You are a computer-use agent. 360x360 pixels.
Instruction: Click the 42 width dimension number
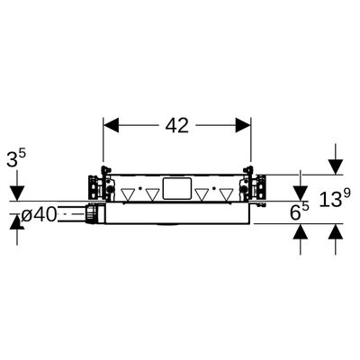pos(177,125)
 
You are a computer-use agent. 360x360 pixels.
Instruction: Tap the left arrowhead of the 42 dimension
pos(111,125)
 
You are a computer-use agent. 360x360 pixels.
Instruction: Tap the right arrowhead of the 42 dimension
pos(243,125)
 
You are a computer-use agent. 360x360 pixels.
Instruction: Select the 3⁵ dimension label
pos(16,158)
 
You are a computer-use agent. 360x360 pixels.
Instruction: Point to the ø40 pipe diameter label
pos(40,215)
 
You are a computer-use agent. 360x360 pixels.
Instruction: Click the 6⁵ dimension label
pos(300,211)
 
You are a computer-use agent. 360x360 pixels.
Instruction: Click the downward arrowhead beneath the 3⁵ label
pos(17,193)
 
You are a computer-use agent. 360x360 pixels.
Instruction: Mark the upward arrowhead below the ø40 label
pos(17,221)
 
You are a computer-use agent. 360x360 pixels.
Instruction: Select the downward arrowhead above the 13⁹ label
pos(336,166)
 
